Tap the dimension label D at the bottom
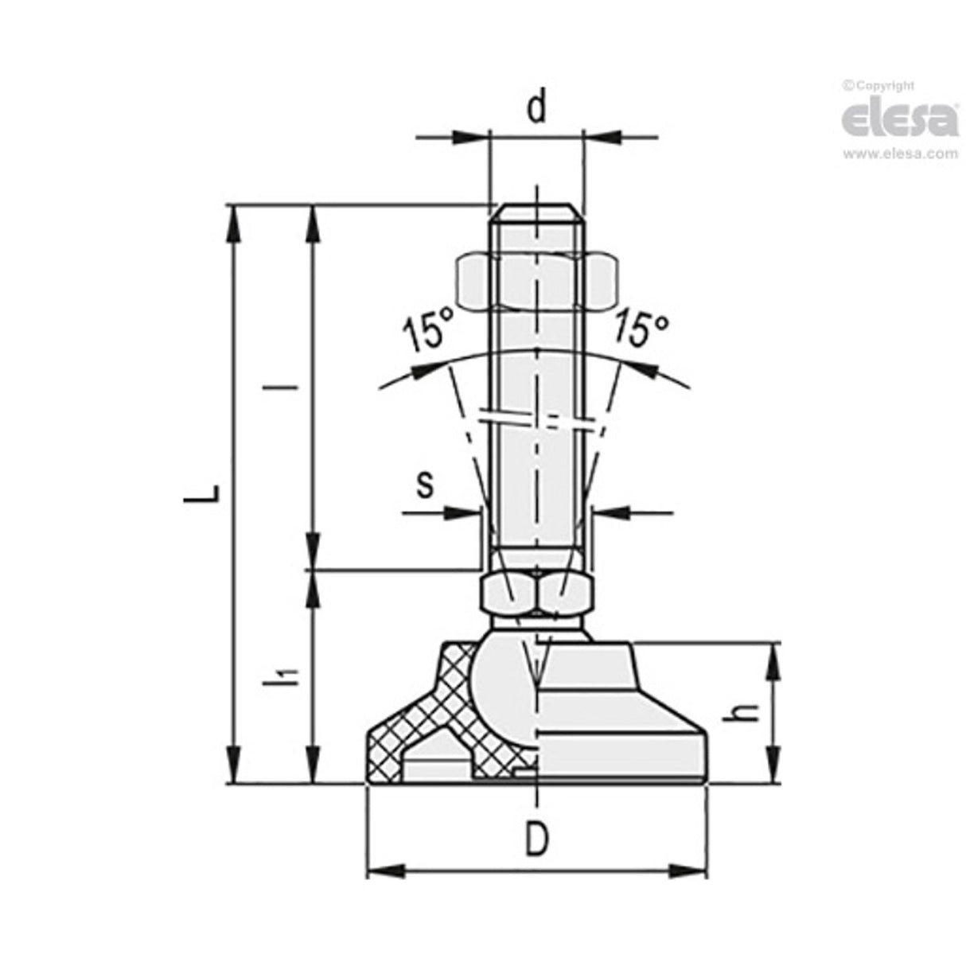point(538,839)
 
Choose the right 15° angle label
point(641,329)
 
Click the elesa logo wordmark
point(899,119)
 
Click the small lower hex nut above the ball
point(536,593)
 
